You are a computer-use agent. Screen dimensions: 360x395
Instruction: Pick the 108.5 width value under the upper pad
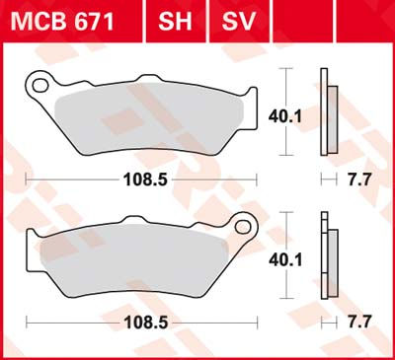[x=138, y=180]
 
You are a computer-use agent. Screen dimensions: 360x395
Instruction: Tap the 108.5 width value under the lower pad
[x=138, y=322]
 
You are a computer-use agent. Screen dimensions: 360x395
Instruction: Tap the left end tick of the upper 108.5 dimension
[x=27, y=180]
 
